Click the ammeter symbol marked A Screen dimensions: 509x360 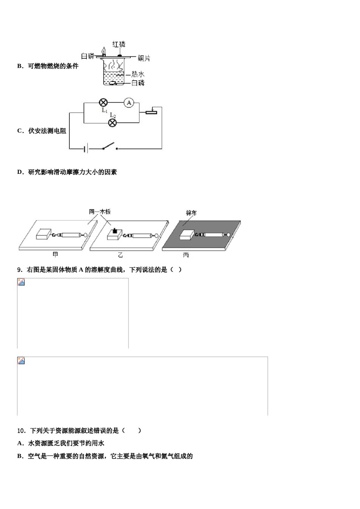click(129, 103)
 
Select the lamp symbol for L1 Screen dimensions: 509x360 click(103, 103)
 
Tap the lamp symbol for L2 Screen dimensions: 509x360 click(112, 123)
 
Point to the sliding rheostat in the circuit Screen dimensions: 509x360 click(151, 111)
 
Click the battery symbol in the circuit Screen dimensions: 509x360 click(86, 149)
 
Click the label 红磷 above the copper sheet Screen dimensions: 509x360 click(119, 44)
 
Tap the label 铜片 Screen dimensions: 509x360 click(144, 58)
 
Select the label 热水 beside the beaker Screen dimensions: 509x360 click(138, 74)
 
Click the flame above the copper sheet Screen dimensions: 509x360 click(104, 51)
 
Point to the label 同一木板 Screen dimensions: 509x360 click(100, 212)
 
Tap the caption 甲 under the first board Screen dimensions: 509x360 click(55, 255)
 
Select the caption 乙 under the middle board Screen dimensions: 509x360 click(121, 255)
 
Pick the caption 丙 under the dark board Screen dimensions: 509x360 click(186, 255)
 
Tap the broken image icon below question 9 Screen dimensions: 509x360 click(21, 282)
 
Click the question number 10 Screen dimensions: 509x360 click(21, 431)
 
